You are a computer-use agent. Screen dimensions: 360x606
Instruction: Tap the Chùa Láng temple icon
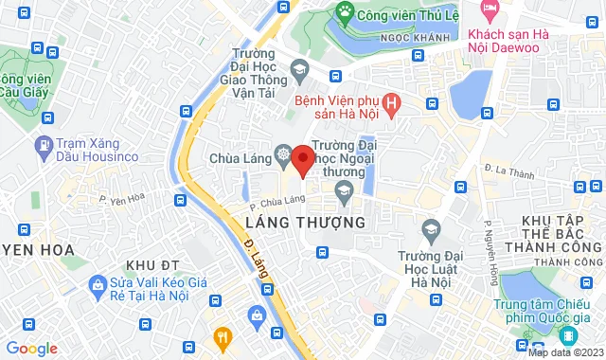click(x=282, y=154)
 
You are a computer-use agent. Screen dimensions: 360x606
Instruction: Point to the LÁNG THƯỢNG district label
click(x=305, y=221)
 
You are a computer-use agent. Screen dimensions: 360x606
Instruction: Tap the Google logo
click(x=31, y=349)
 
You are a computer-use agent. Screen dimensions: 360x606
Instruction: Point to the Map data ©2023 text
click(x=564, y=353)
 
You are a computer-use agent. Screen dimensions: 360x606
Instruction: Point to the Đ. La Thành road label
click(x=503, y=171)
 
